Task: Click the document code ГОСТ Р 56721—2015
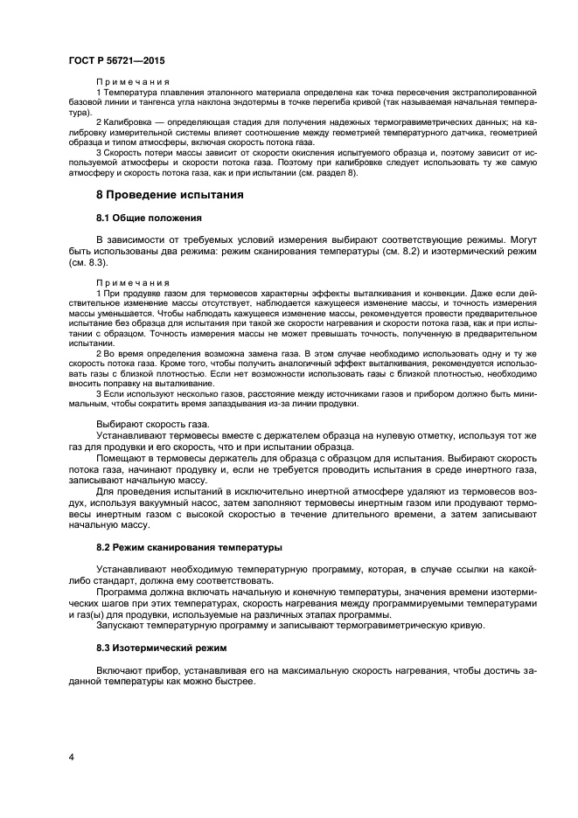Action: (116, 60)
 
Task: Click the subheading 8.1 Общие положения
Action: (149, 218)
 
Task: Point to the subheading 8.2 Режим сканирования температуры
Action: (189, 547)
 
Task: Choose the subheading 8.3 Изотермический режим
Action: (161, 648)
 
